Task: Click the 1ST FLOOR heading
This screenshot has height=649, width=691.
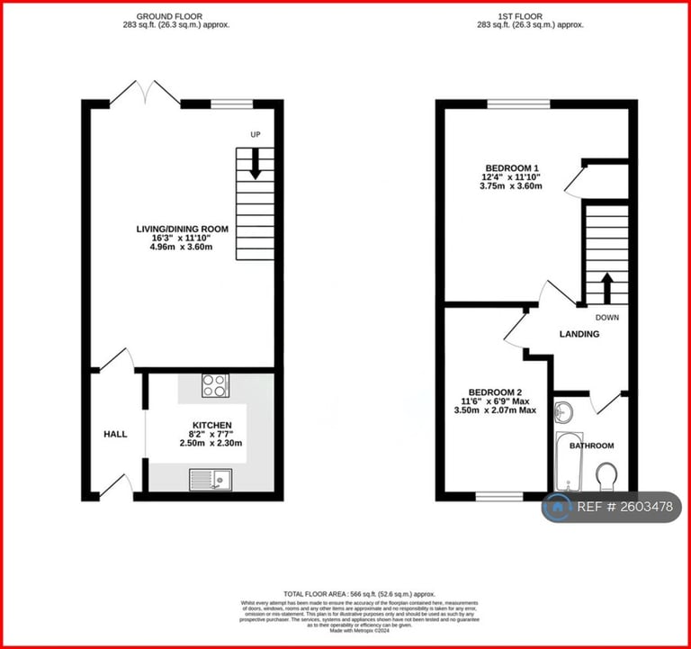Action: point(530,16)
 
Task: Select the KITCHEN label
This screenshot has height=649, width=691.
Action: point(211,425)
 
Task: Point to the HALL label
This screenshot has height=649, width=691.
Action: point(114,434)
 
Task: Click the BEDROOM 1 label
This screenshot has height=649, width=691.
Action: point(511,168)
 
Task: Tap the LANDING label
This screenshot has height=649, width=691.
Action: point(579,334)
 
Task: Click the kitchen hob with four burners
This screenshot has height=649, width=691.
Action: point(215,385)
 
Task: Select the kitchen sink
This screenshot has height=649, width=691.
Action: point(211,480)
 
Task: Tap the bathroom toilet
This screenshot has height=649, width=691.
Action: point(606,475)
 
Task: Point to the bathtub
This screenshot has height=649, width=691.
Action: point(564,462)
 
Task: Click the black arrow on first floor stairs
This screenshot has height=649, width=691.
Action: point(606,286)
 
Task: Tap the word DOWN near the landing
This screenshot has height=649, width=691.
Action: point(606,317)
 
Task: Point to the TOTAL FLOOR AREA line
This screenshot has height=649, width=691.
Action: point(359,594)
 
